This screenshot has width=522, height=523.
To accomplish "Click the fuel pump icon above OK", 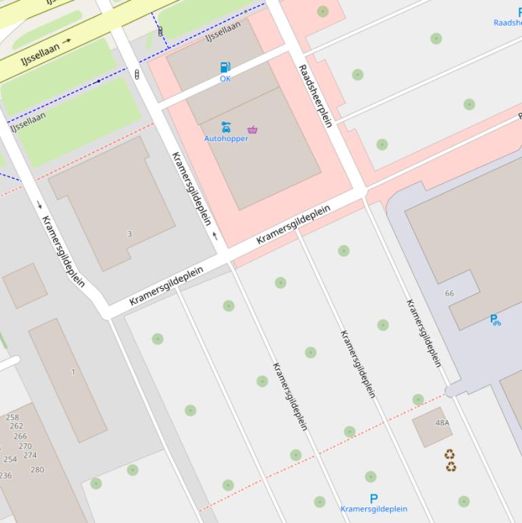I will coord(225,67).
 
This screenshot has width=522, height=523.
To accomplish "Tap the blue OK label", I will coord(225,79).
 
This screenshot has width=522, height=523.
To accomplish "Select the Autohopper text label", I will coord(226,139).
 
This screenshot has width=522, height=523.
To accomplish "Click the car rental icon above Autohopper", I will coord(226,127).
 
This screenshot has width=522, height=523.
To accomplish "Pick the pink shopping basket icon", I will coord(253,130).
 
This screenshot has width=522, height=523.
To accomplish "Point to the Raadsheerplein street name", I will coord(315,96).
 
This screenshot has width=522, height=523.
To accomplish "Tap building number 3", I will coord(130,234).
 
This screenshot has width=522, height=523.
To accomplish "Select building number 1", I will coord(73,372).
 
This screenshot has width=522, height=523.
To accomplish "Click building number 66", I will coord(449,293).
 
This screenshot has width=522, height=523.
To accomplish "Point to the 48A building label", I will coord(442,422).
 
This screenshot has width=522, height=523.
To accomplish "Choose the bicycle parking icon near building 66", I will coord(496,320).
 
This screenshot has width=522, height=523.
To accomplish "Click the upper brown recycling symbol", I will coord(449,454).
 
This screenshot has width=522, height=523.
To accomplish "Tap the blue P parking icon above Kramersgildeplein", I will coord(373,499).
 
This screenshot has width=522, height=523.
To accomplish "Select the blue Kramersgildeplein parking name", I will coord(373,509).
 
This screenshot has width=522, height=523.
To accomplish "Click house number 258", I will coord(12,418).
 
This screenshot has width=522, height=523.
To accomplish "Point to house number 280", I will coord(37,469).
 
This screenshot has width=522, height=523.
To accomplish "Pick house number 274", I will coord(30,455).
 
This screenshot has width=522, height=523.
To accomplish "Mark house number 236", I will coord(5,475).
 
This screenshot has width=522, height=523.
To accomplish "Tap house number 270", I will coord(24,446).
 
